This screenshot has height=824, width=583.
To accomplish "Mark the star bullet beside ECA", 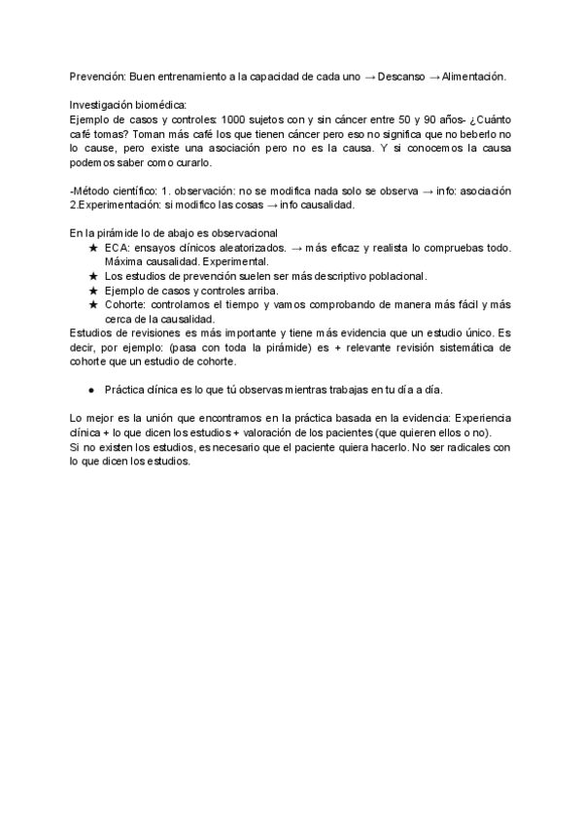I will pos(93,249).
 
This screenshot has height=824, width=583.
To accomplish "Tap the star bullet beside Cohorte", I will pos(93,305).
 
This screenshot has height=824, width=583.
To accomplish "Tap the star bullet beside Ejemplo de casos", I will pos(93,291).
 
